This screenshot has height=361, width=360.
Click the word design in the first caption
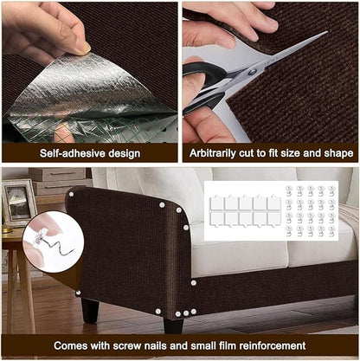pyautogui.click(x=120, y=152)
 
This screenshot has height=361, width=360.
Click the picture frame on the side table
pyautogui.click(x=17, y=202)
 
